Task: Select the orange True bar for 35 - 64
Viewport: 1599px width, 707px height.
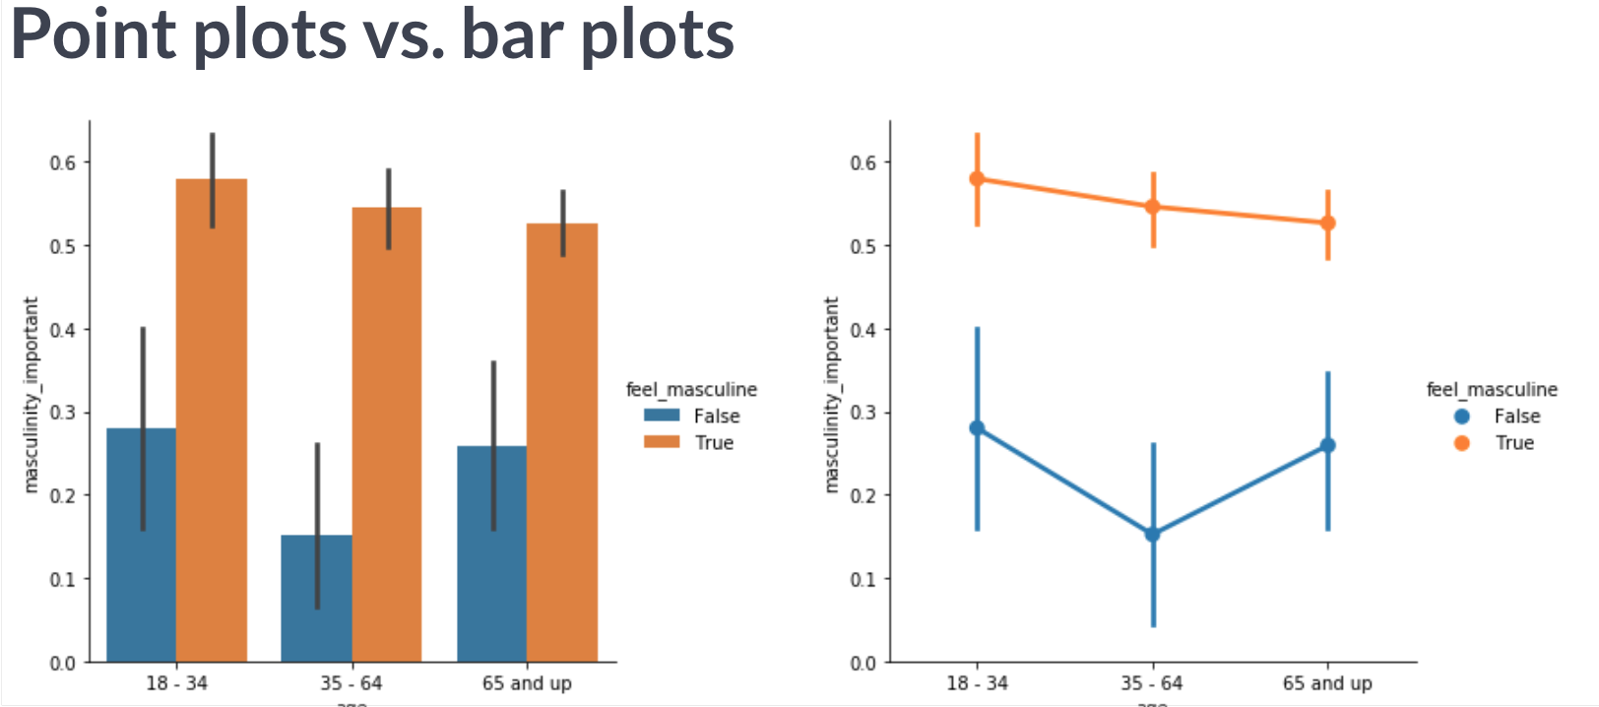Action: (x=387, y=433)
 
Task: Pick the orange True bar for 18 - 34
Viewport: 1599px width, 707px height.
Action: (x=212, y=423)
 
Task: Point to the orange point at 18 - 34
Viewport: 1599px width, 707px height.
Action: (x=977, y=179)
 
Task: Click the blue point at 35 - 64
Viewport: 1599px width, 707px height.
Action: (x=1152, y=535)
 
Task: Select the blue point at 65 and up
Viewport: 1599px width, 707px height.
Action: (x=1327, y=445)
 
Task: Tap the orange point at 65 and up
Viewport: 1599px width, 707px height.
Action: (x=1327, y=224)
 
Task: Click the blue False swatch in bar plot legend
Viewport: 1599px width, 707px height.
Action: (x=662, y=416)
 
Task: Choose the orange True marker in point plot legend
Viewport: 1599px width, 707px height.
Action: (x=1461, y=443)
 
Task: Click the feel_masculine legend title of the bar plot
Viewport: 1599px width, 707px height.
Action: (x=691, y=390)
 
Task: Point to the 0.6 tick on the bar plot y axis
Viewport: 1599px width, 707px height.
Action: (x=63, y=162)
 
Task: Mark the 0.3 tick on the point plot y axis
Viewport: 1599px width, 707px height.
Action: (x=863, y=413)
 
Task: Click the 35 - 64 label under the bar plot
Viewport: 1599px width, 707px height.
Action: (x=352, y=682)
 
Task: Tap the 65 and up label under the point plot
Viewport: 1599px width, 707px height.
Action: (x=1327, y=682)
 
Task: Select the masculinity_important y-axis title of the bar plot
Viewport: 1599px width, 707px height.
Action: (x=31, y=394)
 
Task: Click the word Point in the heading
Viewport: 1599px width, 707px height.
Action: (x=95, y=35)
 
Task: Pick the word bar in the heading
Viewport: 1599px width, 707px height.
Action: (x=512, y=35)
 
